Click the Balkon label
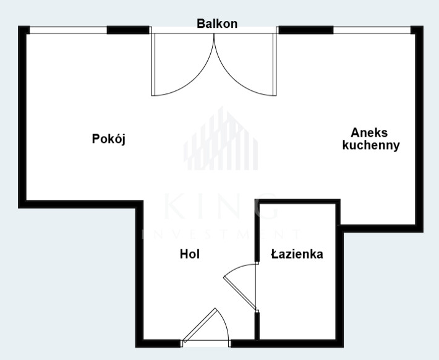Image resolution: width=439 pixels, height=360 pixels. [217, 24]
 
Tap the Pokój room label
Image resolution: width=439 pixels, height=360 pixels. [109, 139]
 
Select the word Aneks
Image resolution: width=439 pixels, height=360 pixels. [369, 132]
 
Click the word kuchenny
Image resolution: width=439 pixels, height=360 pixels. [371, 145]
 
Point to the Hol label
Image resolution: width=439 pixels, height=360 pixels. [190, 254]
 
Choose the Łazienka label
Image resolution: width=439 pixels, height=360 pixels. [297, 254]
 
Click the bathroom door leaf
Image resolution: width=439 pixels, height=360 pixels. [240, 293]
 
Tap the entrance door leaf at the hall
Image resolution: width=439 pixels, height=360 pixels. [199, 325]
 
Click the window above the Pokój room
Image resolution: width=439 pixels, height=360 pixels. [68, 30]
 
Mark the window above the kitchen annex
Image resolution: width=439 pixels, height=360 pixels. [372, 30]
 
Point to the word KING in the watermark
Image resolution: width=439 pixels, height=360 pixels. [221, 206]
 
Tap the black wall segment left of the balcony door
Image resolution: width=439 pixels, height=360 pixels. [128, 30]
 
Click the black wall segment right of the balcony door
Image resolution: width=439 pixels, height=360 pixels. [306, 30]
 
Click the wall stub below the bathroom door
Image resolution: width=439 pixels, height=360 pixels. [257, 326]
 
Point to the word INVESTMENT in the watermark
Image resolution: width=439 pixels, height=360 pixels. [221, 234]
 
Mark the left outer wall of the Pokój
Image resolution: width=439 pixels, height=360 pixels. [22, 117]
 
